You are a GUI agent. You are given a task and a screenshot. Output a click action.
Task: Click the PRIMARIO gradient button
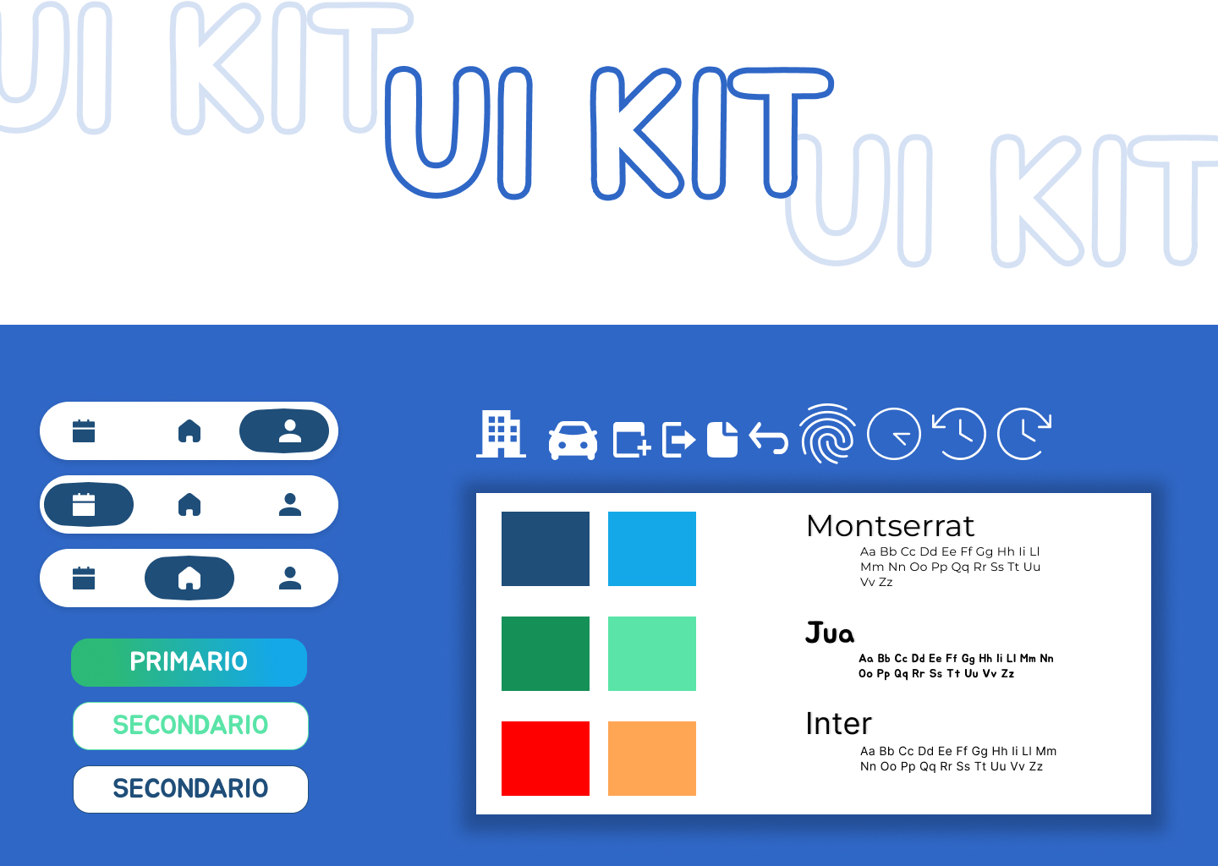point(189,662)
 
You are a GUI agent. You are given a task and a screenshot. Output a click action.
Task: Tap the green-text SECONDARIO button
point(190,726)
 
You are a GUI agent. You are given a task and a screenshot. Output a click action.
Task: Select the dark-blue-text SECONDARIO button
point(190,789)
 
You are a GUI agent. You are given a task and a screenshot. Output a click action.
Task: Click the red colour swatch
point(546,759)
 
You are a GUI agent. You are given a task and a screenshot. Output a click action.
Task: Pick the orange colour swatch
point(652,759)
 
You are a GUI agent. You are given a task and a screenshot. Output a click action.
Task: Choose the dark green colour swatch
point(546,654)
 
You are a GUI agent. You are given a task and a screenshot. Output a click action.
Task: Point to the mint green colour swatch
point(652,654)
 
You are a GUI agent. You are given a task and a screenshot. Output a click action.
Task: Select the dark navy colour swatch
point(546,549)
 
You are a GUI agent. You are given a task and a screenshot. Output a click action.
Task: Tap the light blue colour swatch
point(652,549)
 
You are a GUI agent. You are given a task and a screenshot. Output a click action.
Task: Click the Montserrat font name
point(890,526)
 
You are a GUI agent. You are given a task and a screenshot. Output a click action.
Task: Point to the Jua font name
point(830,633)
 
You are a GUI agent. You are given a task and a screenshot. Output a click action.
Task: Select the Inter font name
point(838,724)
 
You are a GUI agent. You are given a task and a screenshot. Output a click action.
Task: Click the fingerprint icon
point(827,434)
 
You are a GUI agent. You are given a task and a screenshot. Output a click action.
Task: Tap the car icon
point(573,441)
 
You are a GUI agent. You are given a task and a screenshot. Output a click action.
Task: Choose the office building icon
point(501,434)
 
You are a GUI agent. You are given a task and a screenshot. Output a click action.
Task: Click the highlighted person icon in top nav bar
point(290,431)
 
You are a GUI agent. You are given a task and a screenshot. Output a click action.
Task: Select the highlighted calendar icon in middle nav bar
point(84,505)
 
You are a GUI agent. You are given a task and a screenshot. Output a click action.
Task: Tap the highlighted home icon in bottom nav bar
point(189,578)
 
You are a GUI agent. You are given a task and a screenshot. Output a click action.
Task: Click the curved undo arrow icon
point(768,438)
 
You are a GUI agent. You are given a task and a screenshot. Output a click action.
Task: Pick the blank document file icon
point(722,439)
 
